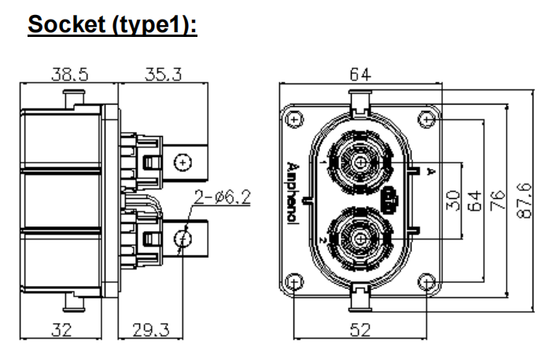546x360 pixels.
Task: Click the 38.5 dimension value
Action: (70, 75)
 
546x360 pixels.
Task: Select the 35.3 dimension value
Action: (164, 75)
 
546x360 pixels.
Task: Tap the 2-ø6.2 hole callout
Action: (222, 197)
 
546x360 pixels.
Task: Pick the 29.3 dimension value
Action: (149, 331)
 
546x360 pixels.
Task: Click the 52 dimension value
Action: (360, 331)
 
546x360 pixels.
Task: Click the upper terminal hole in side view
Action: (183, 163)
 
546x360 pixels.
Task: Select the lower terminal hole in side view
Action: (183, 237)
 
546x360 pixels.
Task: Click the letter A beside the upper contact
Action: (430, 171)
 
